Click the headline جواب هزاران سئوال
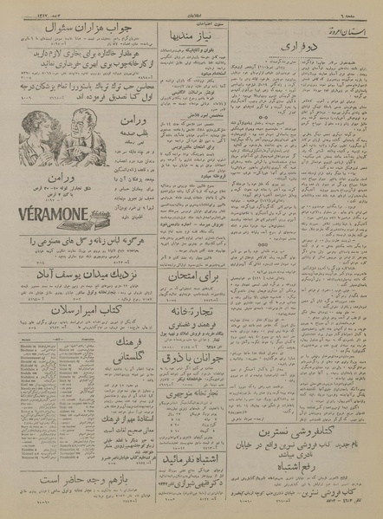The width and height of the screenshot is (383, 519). (84, 40)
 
